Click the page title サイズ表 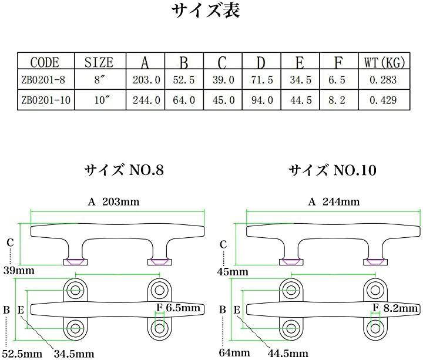tap(206, 12)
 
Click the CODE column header tap(45, 62)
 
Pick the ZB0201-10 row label tap(45, 100)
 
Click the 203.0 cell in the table tap(146, 80)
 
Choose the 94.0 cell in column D tap(261, 100)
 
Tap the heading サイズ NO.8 tap(123, 170)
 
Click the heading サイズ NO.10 tap(332, 170)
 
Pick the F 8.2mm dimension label tap(396, 308)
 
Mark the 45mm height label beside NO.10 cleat tap(232, 272)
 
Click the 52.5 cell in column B tap(184, 80)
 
